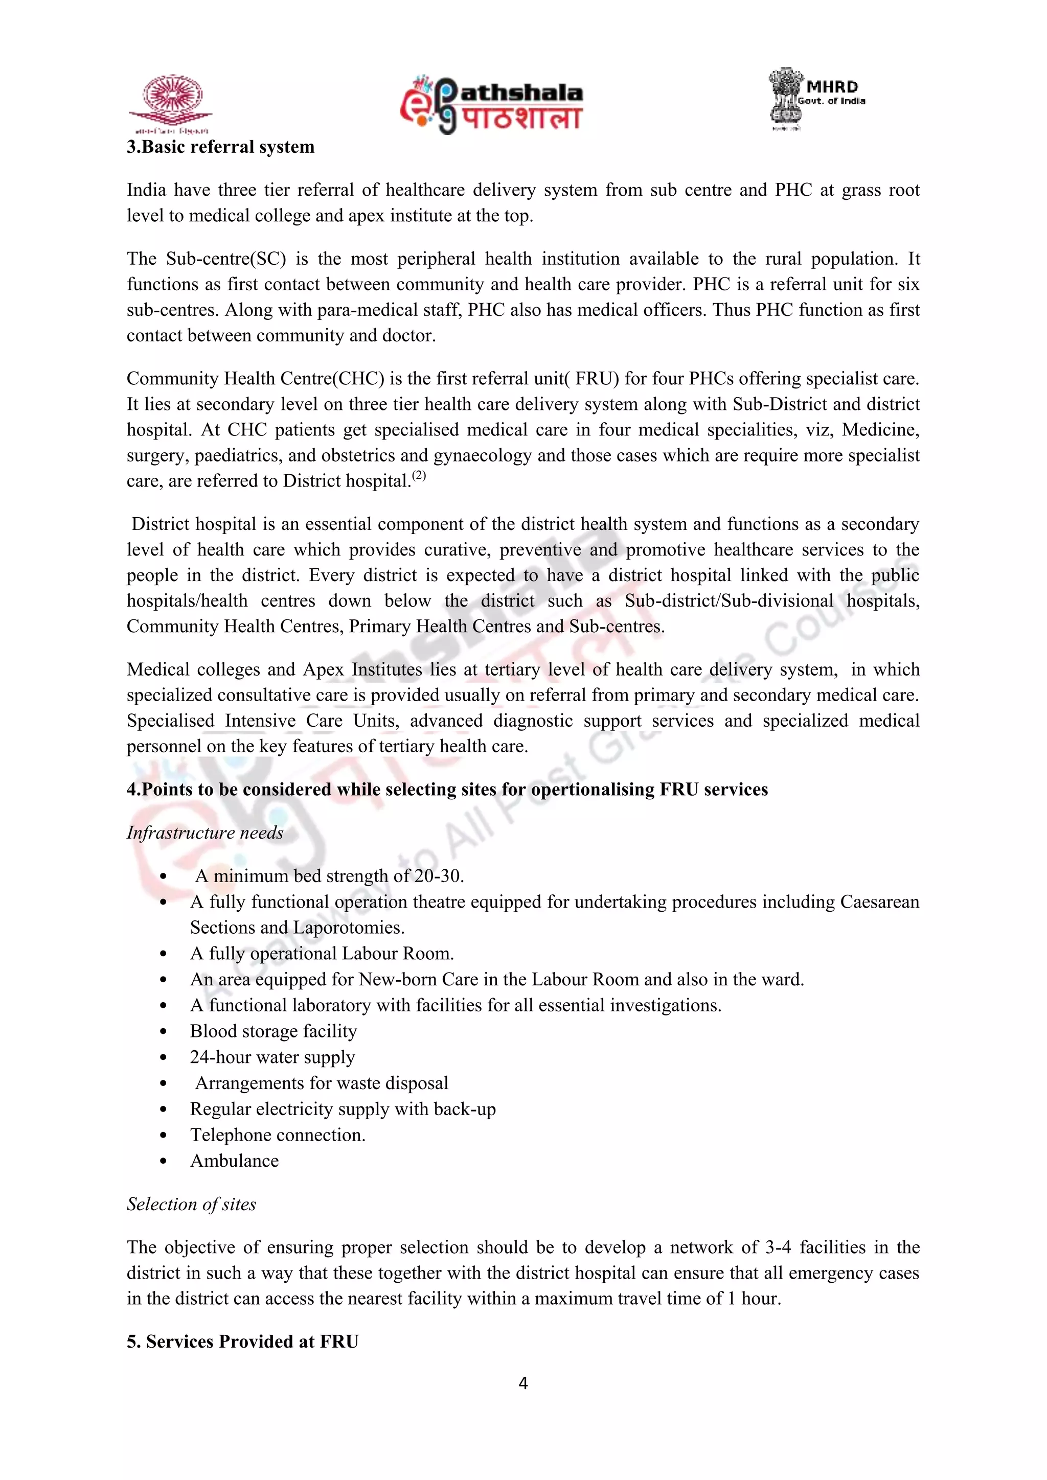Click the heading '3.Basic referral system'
coord(220,147)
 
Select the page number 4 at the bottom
coord(523,1383)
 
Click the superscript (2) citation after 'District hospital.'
coord(420,476)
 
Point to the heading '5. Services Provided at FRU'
coord(242,1341)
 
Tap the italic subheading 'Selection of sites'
coord(192,1204)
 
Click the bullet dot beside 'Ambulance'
coord(163,1161)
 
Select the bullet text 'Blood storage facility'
coord(274,1031)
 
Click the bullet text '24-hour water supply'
coord(272,1057)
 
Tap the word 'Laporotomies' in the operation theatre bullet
coord(348,928)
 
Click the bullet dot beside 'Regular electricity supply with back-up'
coord(163,1109)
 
